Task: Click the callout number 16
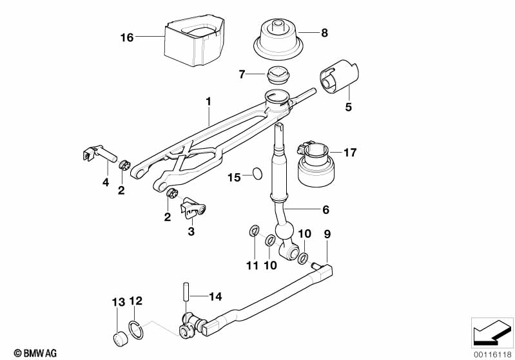point(126,38)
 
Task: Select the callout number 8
point(324,32)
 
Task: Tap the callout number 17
point(350,153)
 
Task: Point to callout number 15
point(233,176)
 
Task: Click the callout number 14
point(215,297)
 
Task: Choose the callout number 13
point(117,302)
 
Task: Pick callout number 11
point(252,265)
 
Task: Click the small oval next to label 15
point(257,173)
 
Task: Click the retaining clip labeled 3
point(194,205)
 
